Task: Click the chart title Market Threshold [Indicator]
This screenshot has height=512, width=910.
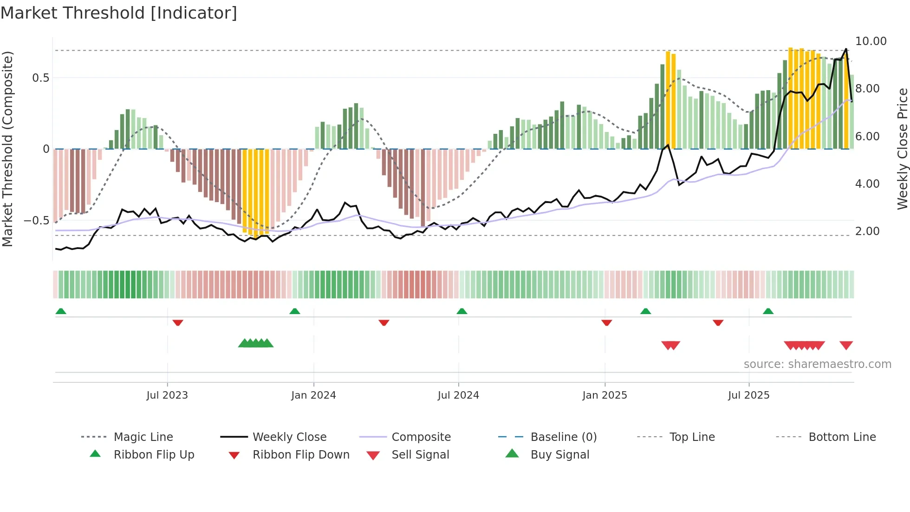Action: [x=119, y=13]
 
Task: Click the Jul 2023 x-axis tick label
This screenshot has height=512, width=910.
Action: [x=167, y=395]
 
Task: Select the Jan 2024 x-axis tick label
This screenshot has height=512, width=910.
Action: [x=313, y=395]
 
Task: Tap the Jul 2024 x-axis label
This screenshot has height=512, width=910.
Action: [x=458, y=395]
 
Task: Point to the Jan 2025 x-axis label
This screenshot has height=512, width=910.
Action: [x=604, y=395]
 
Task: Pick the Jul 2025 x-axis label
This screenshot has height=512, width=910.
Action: [x=748, y=395]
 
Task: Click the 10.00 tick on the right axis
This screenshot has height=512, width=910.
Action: [x=871, y=41]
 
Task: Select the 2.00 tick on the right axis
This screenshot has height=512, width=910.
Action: [x=867, y=231]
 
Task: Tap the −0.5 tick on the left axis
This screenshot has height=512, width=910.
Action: [x=37, y=221]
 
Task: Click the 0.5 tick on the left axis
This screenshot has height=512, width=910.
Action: [x=41, y=78]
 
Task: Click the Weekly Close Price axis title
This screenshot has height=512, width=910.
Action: [x=902, y=149]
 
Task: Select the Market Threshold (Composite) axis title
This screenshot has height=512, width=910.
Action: [x=7, y=149]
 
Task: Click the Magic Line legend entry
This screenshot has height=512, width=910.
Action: [x=143, y=437]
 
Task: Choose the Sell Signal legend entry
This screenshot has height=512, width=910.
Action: [x=420, y=455]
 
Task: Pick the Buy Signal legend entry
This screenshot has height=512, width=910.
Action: [x=559, y=455]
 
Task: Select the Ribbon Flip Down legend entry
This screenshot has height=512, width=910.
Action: [x=300, y=455]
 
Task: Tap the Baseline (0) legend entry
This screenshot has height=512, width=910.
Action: [x=563, y=437]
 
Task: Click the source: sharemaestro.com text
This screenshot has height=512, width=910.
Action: [x=817, y=364]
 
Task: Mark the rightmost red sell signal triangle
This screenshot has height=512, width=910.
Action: [x=846, y=345]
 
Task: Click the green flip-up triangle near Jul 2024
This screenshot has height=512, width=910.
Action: [x=461, y=311]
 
